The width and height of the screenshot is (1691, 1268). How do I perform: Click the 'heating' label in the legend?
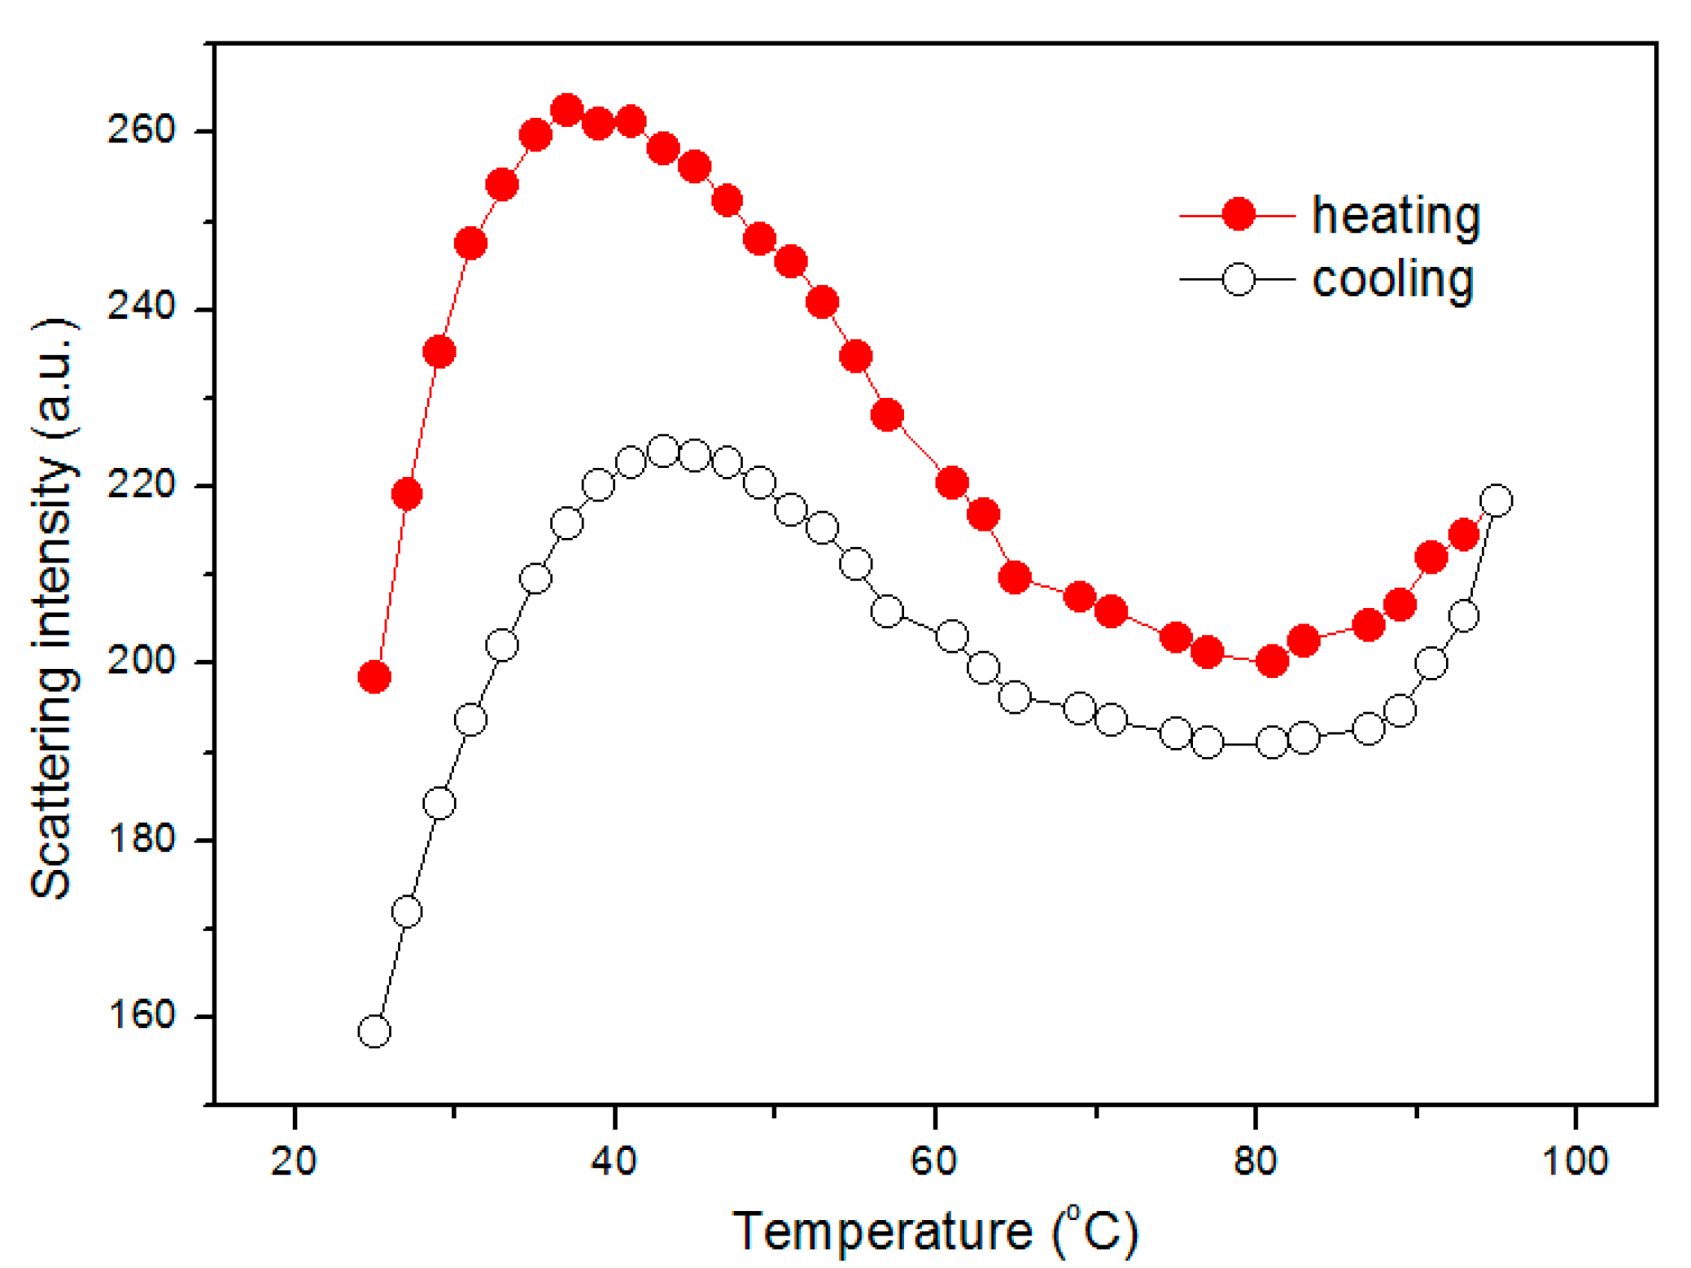pos(1395,216)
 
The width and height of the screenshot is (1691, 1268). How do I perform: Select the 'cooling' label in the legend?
pos(1392,280)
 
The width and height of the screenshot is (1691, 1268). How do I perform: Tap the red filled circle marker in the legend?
pos(1238,215)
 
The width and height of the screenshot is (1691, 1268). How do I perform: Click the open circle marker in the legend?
pos(1238,279)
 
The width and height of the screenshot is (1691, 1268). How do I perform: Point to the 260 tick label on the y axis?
pos(141,130)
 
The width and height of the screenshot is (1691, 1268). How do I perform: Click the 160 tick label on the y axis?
pos(141,1016)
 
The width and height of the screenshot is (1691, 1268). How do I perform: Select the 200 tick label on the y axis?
pos(141,661)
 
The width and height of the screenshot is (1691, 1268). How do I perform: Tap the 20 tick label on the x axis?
pos(294,1161)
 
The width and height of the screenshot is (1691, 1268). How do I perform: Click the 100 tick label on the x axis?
pos(1575,1161)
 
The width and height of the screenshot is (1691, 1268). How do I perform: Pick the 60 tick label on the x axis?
pos(934,1161)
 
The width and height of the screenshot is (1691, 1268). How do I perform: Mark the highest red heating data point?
pos(566,110)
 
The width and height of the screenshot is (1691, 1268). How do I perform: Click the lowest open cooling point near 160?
pos(374,1031)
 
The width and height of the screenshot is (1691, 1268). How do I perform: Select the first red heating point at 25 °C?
pos(374,676)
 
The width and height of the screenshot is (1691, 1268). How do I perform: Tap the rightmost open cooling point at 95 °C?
pos(1496,501)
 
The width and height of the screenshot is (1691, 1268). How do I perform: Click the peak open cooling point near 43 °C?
pos(663,451)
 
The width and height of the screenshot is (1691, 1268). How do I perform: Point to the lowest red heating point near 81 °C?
pos(1272,661)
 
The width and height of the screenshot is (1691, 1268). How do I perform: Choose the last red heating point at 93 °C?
pos(1463,535)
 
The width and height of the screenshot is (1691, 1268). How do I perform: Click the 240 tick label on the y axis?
pos(141,308)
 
